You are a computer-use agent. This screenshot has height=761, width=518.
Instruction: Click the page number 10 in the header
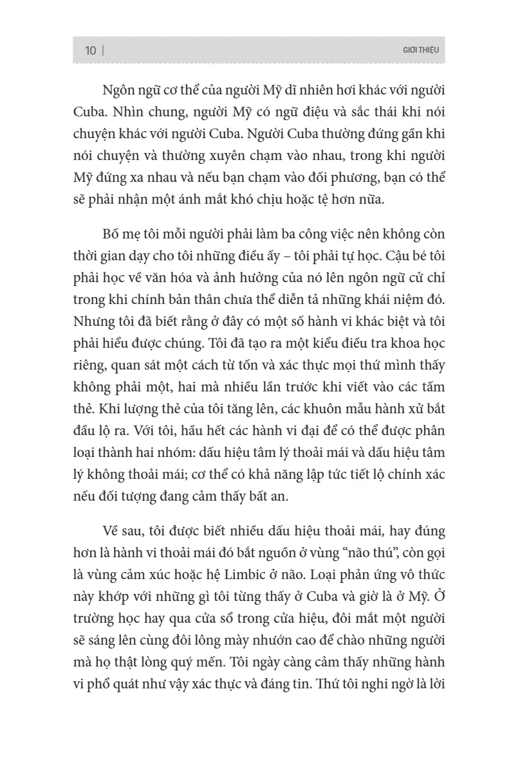click(91, 51)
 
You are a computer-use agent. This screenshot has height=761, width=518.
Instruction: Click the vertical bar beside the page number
click(103, 51)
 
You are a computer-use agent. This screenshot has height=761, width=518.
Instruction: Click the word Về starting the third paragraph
click(112, 532)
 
